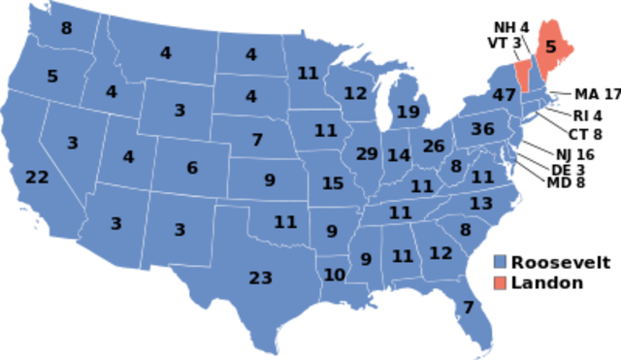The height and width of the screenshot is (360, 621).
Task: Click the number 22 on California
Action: pyautogui.click(x=37, y=178)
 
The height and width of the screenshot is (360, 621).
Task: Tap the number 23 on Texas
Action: pyautogui.click(x=260, y=278)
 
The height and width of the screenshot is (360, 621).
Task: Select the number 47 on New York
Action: pyautogui.click(x=504, y=95)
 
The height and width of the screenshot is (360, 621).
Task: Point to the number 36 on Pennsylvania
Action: pyautogui.click(x=482, y=129)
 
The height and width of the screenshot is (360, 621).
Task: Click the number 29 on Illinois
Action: pyautogui.click(x=367, y=154)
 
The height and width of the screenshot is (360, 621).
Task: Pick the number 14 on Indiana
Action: pyautogui.click(x=399, y=155)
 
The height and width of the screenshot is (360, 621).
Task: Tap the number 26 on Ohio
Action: pyautogui.click(x=433, y=147)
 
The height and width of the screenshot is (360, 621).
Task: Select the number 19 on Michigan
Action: pyautogui.click(x=408, y=112)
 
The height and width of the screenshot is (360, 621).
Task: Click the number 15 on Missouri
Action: pyautogui.click(x=333, y=183)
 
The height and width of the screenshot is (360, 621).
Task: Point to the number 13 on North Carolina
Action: pyautogui.click(x=481, y=204)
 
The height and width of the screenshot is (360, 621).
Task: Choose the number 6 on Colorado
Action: pyautogui.click(x=192, y=168)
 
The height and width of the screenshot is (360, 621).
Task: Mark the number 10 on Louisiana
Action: pyautogui.click(x=334, y=275)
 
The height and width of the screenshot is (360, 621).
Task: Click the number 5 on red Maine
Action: pyautogui.click(x=551, y=47)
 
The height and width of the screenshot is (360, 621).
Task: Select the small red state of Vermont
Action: pyautogui.click(x=523, y=73)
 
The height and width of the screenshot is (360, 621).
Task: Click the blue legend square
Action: pyautogui.click(x=500, y=262)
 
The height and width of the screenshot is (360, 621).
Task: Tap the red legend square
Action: pyautogui.click(x=500, y=282)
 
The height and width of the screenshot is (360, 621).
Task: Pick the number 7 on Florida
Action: pyautogui.click(x=469, y=308)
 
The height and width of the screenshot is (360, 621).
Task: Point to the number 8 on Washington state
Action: pyautogui.click(x=66, y=29)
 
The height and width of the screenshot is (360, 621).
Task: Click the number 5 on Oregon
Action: pyautogui.click(x=52, y=76)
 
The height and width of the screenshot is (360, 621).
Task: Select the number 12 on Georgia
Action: pyautogui.click(x=441, y=253)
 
